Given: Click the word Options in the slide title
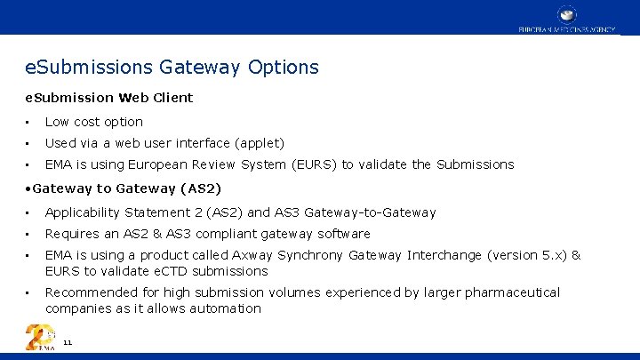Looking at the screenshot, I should point(284,68).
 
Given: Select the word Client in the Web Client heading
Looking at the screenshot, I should point(172,97).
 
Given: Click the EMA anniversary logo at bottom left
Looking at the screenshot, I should point(40,338).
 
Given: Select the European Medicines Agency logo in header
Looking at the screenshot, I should point(566,19).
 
